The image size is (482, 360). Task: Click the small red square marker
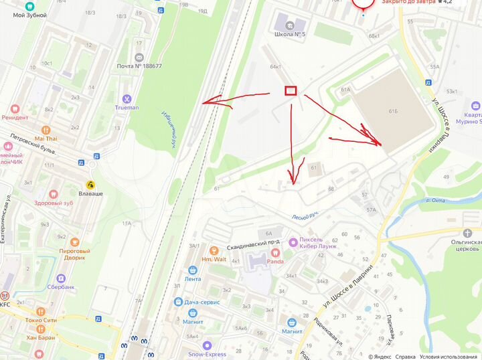pyautogui.click(x=291, y=90)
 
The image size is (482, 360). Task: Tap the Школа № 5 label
pyautogui.click(x=290, y=34)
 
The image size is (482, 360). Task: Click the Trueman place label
pyautogui.click(x=127, y=107)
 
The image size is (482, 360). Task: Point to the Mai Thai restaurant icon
pyautogui.click(x=46, y=130)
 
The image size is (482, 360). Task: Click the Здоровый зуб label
pyautogui.click(x=53, y=203)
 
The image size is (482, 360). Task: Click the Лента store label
pyautogui.click(x=192, y=278)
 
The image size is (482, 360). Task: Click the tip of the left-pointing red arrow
pyautogui.click(x=202, y=102)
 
